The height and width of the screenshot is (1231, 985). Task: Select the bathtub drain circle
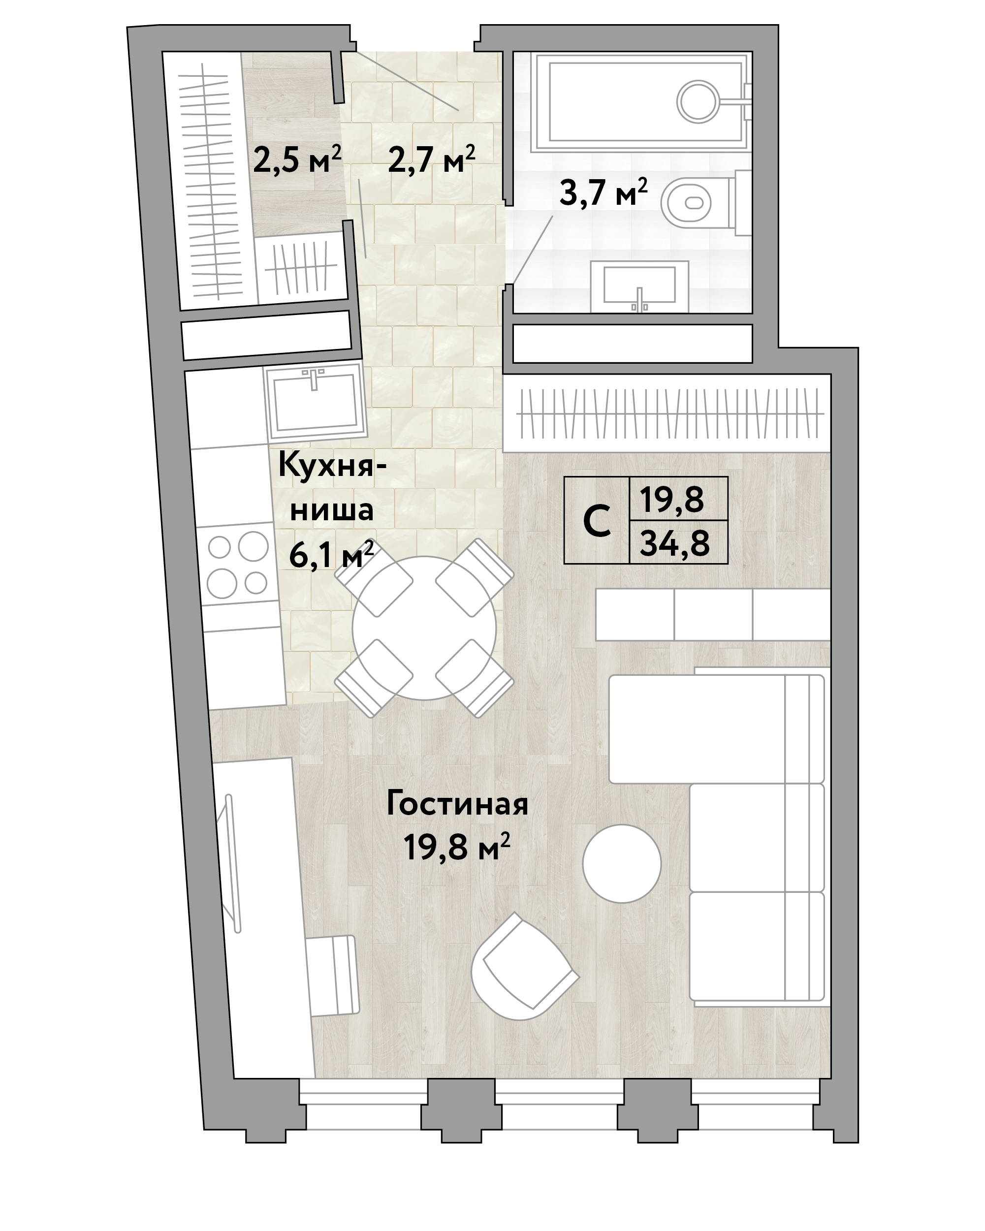[x=698, y=101]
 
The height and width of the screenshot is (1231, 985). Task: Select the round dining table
[x=424, y=628]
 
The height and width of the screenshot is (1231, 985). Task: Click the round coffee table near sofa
[x=622, y=863]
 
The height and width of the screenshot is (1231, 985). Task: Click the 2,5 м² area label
[x=297, y=160]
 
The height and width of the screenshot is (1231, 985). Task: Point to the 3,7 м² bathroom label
[x=604, y=192]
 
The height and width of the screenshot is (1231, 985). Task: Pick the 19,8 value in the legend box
[x=671, y=499]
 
